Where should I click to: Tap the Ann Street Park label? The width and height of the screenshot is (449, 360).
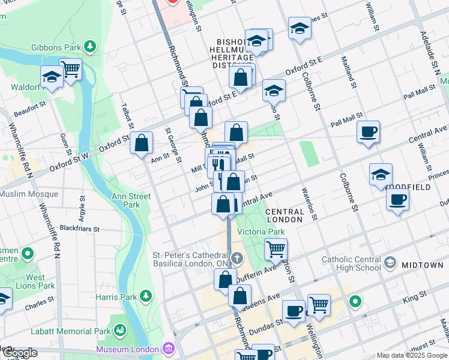click(130, 200)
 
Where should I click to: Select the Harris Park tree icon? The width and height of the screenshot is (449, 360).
click(145, 296)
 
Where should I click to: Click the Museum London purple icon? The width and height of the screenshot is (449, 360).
click(168, 349)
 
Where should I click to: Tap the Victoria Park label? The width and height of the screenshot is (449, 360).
click(260, 232)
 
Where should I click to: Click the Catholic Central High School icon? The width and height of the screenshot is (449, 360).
click(390, 263)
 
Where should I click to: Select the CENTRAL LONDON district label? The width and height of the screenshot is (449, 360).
click(285, 217)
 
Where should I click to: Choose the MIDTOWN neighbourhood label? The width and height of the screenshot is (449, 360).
click(423, 265)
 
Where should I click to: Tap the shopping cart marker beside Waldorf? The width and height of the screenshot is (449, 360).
click(71, 69)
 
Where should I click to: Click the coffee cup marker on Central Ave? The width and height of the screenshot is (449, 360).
click(368, 131)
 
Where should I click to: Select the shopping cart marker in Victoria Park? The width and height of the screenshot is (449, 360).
click(276, 248)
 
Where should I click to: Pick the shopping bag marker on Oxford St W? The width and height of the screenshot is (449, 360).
click(142, 143)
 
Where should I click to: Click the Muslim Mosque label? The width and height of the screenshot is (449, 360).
click(29, 194)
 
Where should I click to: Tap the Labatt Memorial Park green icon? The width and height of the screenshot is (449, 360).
click(121, 331)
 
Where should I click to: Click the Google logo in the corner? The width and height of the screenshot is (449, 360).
click(19, 353)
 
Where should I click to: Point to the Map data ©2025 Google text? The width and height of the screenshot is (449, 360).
click(411, 355)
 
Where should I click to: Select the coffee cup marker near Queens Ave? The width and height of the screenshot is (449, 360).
click(294, 311)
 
